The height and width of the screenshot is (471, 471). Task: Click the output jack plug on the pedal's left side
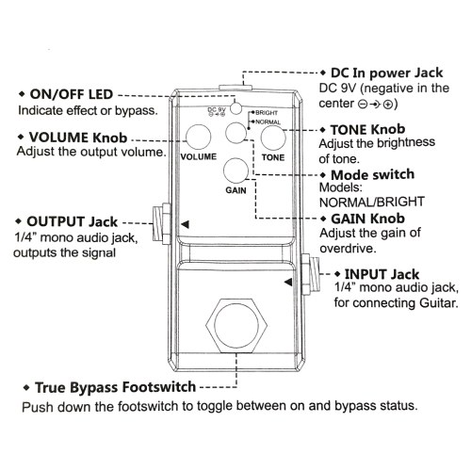point(162,223)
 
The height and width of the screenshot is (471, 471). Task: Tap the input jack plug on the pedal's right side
point(310,274)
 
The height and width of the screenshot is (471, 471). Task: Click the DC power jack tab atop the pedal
point(235,87)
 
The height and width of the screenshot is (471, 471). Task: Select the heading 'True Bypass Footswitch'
point(115,387)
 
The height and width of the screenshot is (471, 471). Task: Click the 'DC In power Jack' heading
point(386,73)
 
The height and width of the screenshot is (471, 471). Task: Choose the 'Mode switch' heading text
point(373,174)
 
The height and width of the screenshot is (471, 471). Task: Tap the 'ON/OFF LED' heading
point(72,94)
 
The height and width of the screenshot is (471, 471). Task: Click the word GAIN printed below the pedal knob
point(235,190)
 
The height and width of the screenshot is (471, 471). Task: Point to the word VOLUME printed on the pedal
point(199,156)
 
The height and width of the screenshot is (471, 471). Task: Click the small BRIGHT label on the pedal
point(267,113)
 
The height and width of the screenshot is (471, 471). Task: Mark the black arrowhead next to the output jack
point(185,224)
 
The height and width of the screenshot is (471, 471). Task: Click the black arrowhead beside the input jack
point(288,282)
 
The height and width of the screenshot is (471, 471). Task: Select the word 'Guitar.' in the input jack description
point(439,303)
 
